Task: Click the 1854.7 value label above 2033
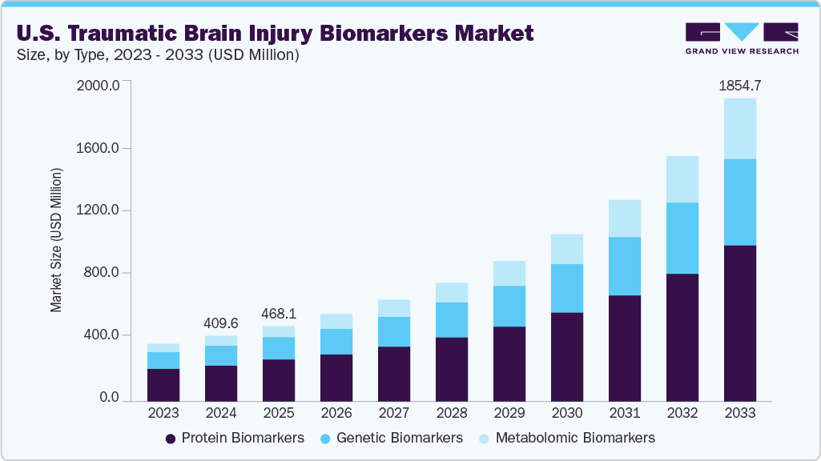pos(739,84)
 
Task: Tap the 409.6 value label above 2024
pos(220,323)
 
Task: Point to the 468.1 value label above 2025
pos(278,313)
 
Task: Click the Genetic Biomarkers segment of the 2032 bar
pos(682,239)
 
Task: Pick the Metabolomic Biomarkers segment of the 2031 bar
pos(624,218)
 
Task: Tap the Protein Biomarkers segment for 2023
pos(163,384)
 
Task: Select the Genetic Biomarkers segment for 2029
pos(509,307)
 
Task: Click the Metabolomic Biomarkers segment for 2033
pos(739,129)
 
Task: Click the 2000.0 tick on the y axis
pos(99,86)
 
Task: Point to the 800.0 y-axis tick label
pos(102,273)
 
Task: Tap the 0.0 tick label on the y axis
pos(108,398)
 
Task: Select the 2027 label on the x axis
pos(393,414)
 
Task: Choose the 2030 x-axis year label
pos(566,414)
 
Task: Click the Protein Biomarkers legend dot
pos(170,439)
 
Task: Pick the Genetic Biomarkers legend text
pos(399,438)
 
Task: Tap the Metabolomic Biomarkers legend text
pos(575,438)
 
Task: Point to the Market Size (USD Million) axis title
pos(56,240)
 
